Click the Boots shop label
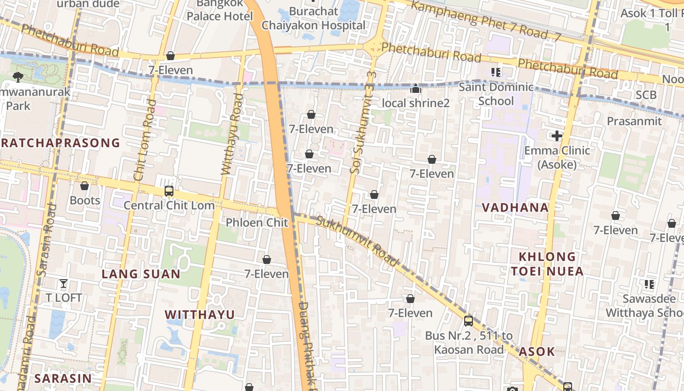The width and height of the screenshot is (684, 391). [85, 200]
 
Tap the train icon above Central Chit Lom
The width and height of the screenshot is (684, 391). [169, 191]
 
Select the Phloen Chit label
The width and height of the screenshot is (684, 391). [257, 223]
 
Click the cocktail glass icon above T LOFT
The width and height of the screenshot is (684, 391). [64, 283]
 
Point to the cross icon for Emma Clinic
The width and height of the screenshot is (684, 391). [556, 135]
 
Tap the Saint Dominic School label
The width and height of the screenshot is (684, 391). [496, 94]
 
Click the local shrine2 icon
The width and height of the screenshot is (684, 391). [416, 88]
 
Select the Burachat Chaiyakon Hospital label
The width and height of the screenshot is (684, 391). [313, 18]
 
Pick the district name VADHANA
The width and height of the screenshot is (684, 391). [515, 207]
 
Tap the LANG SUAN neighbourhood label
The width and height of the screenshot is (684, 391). [141, 274]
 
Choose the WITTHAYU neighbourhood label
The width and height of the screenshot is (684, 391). [199, 314]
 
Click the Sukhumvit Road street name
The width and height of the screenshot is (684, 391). [357, 241]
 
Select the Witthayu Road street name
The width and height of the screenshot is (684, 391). [232, 134]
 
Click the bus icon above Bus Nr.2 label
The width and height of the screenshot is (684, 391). [468, 321]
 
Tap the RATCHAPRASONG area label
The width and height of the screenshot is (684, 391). [60, 143]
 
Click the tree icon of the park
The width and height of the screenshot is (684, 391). [18, 76]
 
